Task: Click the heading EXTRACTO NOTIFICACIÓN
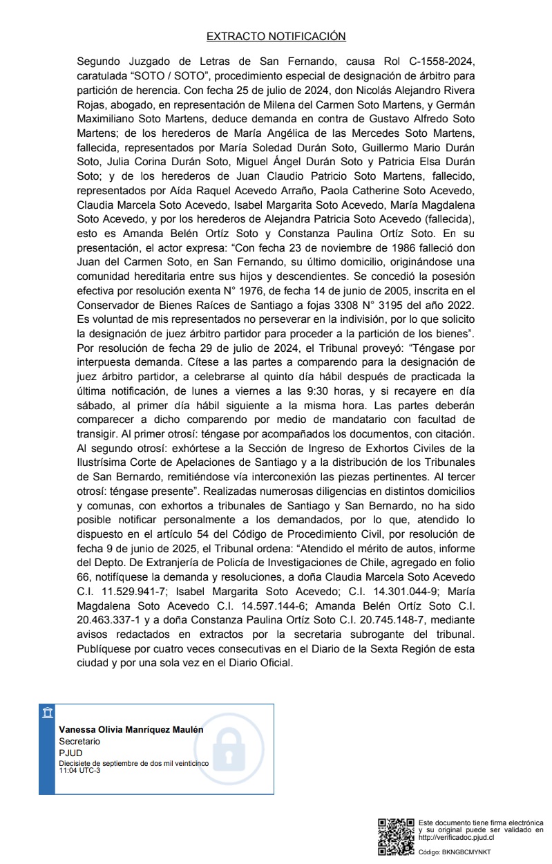pyautogui.click(x=276, y=36)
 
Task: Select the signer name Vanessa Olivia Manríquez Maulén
pyautogui.click(x=131, y=730)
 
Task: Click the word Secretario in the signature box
pyautogui.click(x=79, y=740)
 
